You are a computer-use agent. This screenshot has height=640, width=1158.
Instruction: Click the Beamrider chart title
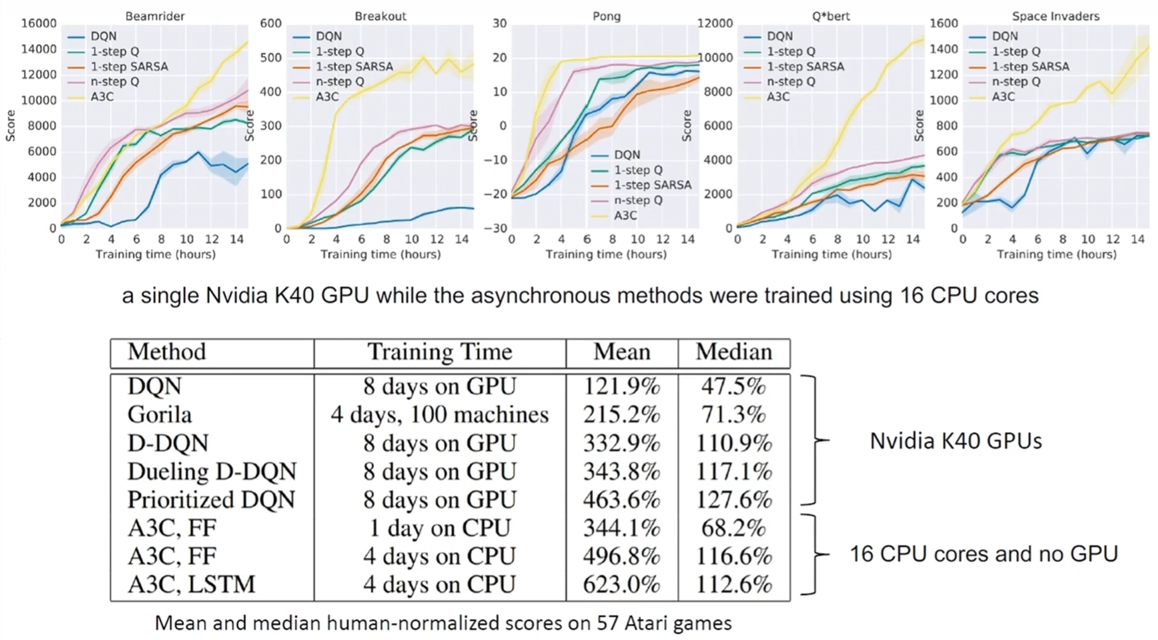pos(155,16)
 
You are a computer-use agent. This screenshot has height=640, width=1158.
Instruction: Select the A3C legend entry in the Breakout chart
pos(327,97)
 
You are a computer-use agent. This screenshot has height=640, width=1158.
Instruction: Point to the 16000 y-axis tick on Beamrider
pos(39,24)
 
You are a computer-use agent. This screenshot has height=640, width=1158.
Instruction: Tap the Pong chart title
pos(606,16)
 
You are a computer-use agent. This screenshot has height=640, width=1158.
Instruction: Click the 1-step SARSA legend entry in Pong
pos(652,185)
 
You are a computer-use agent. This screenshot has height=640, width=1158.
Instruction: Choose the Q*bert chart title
pos(831,16)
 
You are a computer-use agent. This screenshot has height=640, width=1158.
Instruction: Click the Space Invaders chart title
pos(1055,16)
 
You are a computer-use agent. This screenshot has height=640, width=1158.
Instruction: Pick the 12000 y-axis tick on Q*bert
pos(715,24)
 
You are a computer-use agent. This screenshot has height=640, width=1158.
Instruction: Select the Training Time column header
pos(439,352)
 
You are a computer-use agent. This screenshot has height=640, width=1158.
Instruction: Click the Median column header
pos(733,352)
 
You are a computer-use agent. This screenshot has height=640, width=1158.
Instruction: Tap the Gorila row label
pos(159,415)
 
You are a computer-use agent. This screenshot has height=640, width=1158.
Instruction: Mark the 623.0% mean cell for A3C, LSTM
pos(622,584)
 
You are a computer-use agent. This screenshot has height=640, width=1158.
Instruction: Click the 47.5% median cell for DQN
pos(733,386)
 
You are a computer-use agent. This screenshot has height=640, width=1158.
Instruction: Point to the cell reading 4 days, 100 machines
pos(439,415)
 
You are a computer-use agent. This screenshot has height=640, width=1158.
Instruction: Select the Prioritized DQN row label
pos(211,500)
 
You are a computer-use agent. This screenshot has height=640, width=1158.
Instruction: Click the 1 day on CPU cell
pos(439,528)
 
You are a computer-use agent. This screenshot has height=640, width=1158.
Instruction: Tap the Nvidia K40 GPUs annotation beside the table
pos(955,441)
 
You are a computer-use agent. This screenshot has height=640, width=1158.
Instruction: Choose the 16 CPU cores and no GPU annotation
pos(984,554)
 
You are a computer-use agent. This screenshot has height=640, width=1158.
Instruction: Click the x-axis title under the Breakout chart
pos(380,254)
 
